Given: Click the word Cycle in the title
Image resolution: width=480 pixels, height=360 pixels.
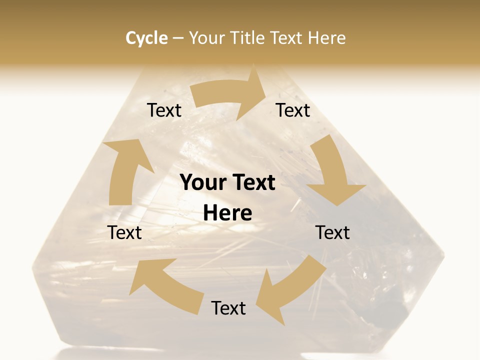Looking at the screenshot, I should [x=146, y=38].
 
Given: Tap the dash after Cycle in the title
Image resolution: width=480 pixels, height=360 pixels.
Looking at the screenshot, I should [x=178, y=38].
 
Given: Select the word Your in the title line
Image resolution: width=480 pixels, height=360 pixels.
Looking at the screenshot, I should [x=205, y=38].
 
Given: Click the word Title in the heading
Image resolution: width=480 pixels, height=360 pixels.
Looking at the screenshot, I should [x=247, y=38].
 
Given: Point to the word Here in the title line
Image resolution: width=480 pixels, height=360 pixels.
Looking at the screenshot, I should [x=327, y=38].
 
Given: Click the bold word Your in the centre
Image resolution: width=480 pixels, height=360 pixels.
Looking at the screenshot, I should [x=202, y=182].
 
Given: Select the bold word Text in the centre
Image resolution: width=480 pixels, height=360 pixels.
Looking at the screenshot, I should [x=252, y=182].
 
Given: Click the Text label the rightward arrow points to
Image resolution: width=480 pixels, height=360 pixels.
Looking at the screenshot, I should [x=293, y=110].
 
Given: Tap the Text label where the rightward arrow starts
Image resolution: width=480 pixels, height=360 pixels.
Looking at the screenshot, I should [x=164, y=110].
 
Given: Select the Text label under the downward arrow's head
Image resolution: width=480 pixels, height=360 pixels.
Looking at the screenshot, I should [x=332, y=232].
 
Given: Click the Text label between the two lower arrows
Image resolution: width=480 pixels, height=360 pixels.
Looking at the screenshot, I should [x=228, y=308].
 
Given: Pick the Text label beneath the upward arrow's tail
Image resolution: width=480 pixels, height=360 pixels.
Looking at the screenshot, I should [x=124, y=232].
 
